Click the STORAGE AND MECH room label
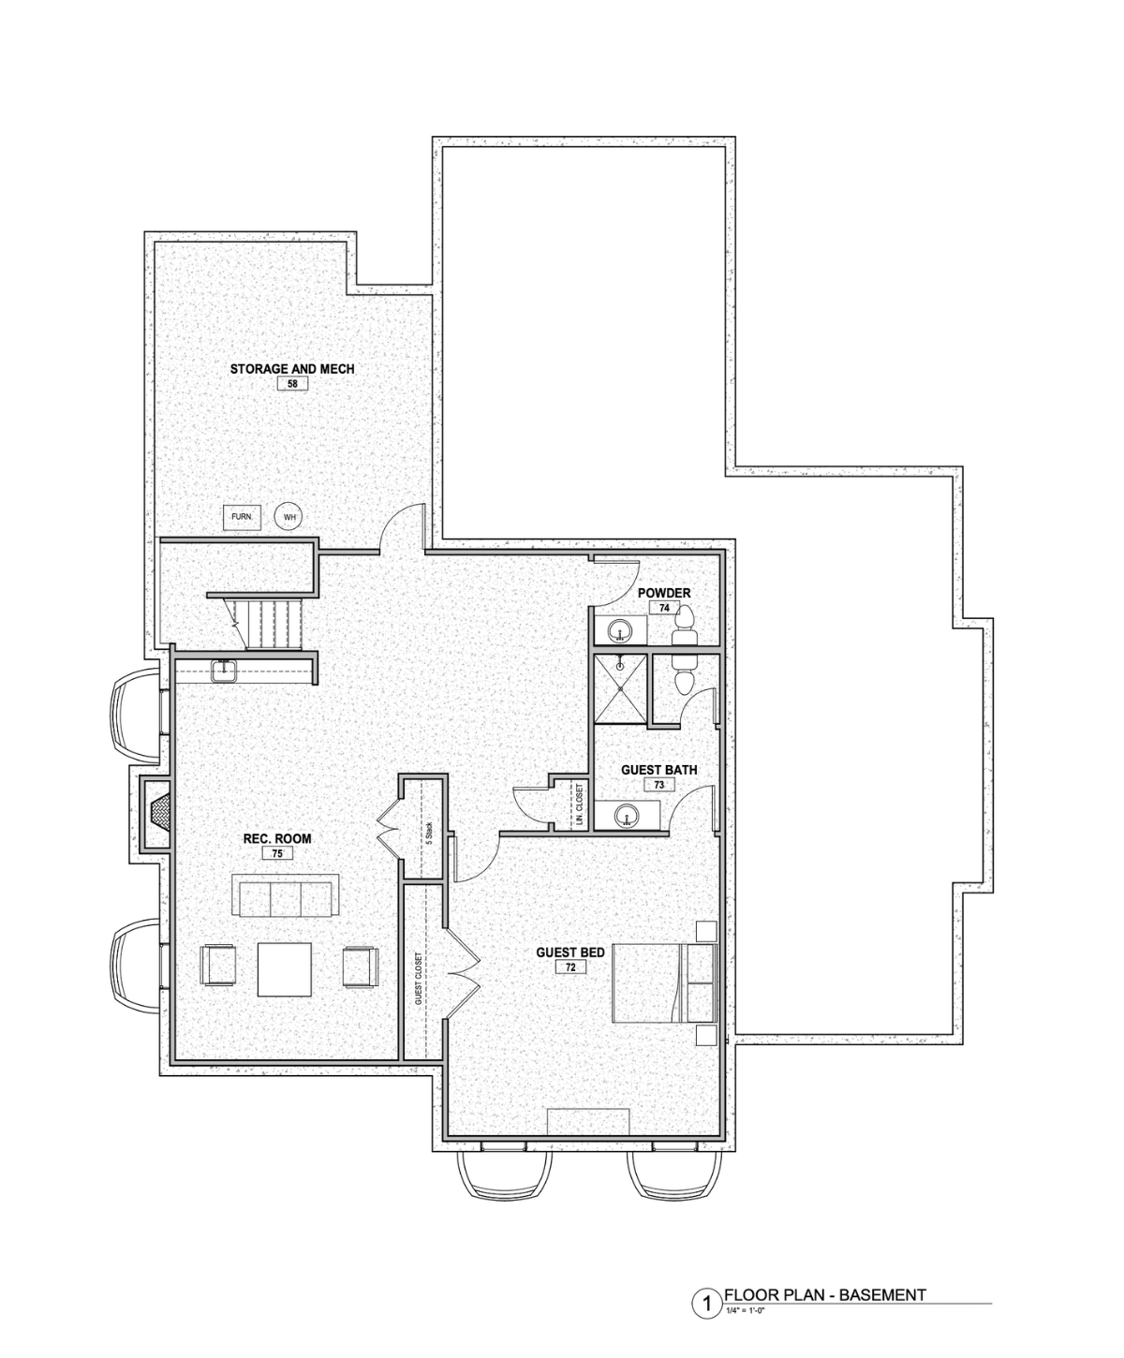292,369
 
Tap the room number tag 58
292,384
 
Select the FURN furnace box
242,516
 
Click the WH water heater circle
288,517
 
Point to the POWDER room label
664,593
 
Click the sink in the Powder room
620,630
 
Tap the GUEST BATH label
658,770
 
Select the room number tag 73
658,785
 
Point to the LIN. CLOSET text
580,804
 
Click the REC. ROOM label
277,839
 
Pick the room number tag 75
277,853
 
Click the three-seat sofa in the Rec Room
286,895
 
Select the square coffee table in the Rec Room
284,969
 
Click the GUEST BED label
570,952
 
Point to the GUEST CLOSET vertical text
419,980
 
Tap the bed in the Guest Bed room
663,983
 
